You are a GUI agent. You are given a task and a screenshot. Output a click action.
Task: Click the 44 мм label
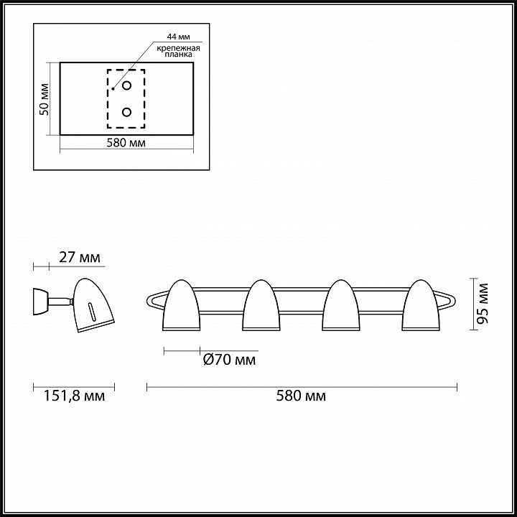coord(178,37)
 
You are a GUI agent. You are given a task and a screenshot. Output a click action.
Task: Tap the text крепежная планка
coord(178,51)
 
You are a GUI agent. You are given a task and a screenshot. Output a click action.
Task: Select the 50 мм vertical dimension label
coord(45,99)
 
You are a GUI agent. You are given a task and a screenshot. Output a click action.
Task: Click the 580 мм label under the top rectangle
coord(126,143)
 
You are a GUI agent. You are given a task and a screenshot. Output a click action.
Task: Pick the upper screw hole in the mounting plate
coord(126,85)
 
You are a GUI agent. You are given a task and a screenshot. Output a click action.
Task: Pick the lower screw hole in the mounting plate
coord(126,112)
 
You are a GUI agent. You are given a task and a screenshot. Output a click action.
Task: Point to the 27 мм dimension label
coord(80,257)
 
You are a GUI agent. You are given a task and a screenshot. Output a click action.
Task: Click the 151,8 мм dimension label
coord(74,396)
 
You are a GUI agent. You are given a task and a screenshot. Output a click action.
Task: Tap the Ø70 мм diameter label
coord(230,360)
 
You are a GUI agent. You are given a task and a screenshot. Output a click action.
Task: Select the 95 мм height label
coord(483,303)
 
